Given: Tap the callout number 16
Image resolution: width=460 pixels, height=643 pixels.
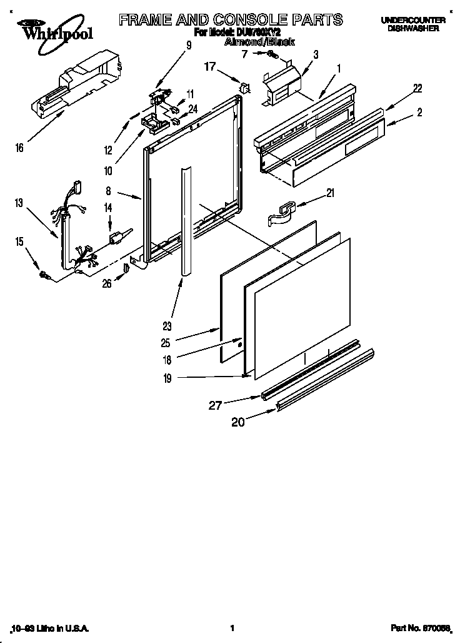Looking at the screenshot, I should click(19, 148).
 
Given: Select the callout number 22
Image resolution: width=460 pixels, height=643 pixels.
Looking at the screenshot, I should click(416, 89).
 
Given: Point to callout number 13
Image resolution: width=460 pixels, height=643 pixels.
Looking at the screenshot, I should click(20, 202).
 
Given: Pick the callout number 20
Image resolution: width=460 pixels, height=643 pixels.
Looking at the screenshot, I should click(238, 422).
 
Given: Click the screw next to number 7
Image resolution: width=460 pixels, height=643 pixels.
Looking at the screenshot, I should click(272, 55).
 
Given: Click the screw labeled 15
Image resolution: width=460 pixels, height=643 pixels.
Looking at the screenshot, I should click(44, 273).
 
